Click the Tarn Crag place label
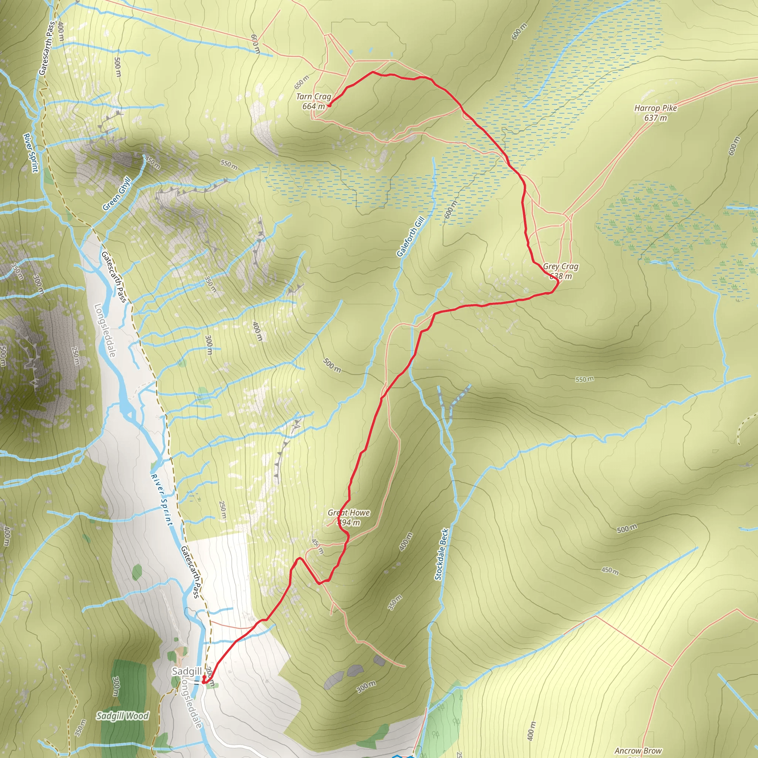313,97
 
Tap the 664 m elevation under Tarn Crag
313,106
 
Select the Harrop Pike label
655,108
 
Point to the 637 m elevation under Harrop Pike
655,118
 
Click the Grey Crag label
561,266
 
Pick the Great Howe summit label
349,513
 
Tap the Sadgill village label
187,671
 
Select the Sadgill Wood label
123,716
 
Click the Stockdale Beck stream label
442,554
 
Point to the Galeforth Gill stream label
410,237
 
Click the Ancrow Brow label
638,751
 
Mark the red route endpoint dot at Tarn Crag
329,105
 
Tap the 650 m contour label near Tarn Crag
302,83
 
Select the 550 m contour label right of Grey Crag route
584,379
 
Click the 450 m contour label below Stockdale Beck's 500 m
610,571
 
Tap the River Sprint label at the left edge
31,152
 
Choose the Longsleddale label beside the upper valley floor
105,331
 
